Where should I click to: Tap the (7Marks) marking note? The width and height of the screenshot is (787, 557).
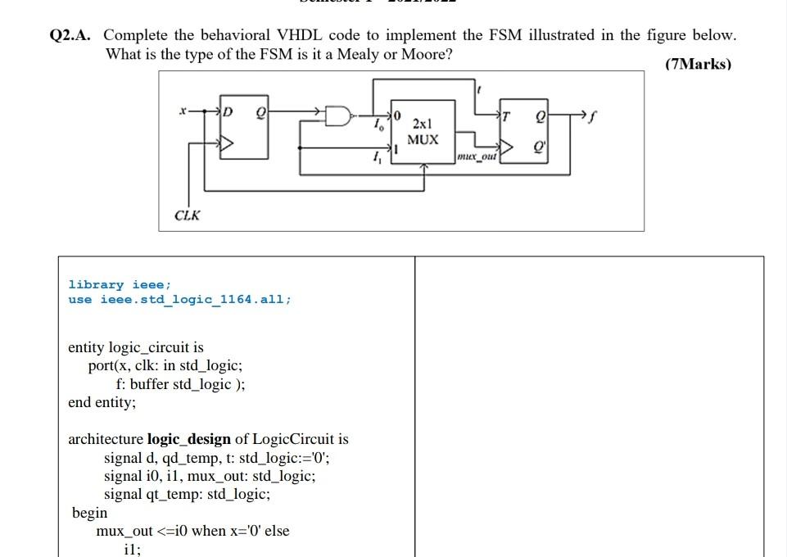(x=698, y=64)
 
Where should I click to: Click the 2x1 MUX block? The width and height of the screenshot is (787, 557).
(x=423, y=132)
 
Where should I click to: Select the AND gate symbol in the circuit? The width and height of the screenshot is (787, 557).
(x=337, y=116)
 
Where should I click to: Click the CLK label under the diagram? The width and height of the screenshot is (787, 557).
(x=187, y=215)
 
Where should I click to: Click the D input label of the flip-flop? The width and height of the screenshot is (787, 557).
(x=228, y=111)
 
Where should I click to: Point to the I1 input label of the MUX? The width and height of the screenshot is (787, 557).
(x=376, y=159)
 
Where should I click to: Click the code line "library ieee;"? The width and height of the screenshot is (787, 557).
(x=120, y=284)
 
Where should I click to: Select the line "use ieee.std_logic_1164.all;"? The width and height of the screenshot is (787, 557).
(x=179, y=299)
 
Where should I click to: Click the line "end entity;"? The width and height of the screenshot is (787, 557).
(x=102, y=402)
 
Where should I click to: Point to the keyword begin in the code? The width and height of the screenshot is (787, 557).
(x=89, y=512)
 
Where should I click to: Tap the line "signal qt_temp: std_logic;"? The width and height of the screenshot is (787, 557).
(x=187, y=494)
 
